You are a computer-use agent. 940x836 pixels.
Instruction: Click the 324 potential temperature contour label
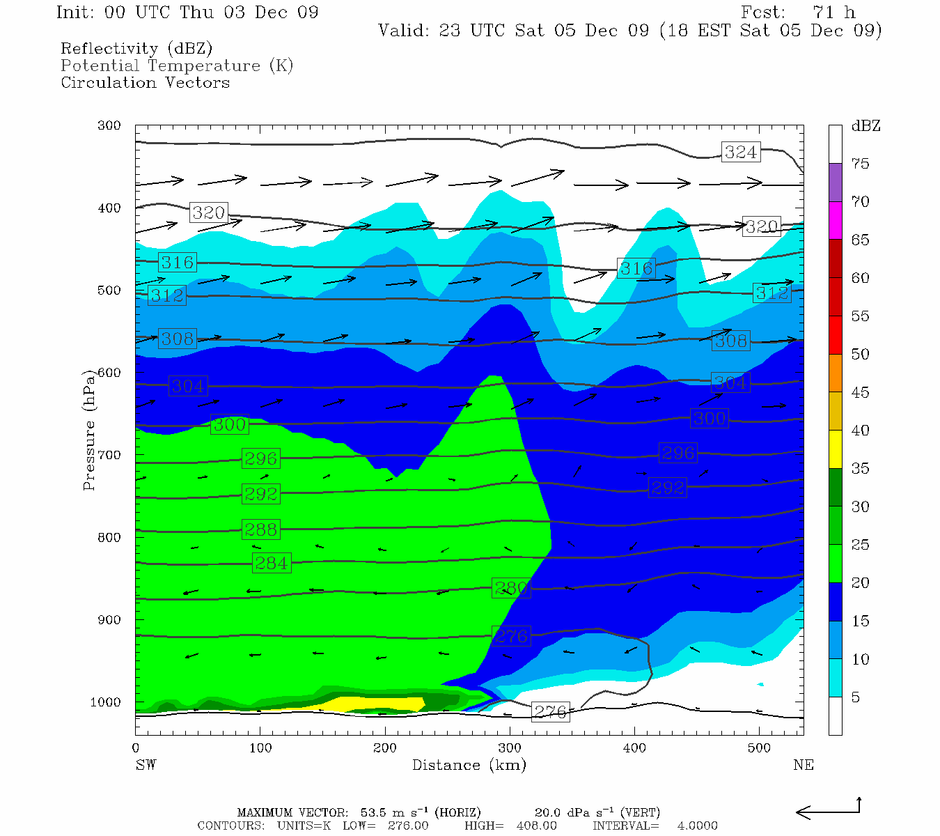(740, 152)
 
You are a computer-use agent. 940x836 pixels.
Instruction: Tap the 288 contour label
(261, 529)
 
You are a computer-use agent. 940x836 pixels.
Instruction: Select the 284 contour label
(271, 563)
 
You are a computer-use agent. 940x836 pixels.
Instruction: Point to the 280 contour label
(511, 588)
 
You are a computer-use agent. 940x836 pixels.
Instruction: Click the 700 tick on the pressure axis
(109, 455)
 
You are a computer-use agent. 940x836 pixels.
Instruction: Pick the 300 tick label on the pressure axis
(109, 125)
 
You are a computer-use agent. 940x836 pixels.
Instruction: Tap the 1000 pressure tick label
(106, 702)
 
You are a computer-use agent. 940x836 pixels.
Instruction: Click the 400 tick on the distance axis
(634, 748)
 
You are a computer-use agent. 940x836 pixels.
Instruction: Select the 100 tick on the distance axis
(260, 748)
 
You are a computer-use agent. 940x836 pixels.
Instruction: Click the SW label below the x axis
(146, 765)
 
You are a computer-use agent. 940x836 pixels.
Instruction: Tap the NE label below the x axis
(803, 765)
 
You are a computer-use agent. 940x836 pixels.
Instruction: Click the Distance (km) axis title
(469, 765)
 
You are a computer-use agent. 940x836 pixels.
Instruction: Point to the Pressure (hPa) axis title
(88, 430)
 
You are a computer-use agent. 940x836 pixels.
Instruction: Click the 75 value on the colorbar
(860, 164)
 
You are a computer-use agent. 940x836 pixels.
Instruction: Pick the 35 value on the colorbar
(860, 469)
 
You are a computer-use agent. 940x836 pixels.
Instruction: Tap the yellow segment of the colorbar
(835, 449)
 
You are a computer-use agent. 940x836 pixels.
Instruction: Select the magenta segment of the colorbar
(835, 220)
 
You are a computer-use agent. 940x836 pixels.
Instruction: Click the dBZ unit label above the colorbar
(865, 126)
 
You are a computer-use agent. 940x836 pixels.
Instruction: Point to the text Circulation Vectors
(145, 83)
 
